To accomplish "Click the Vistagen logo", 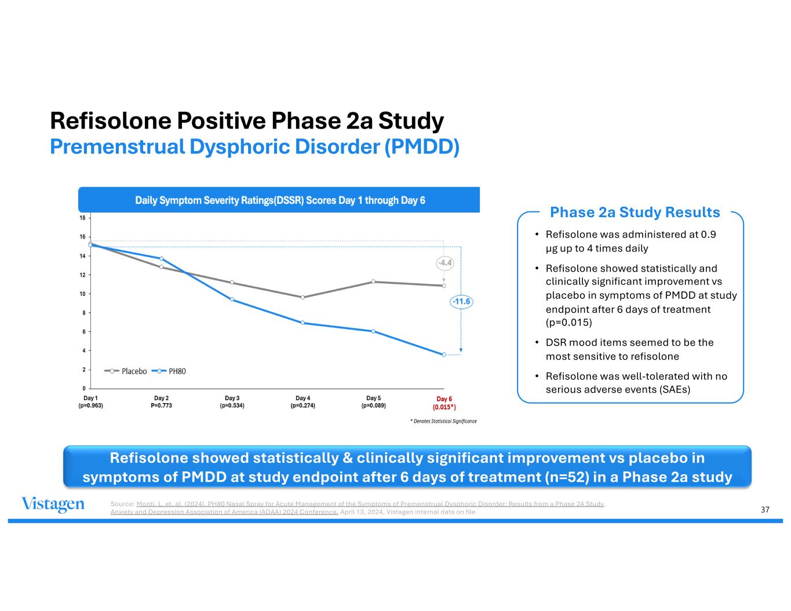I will (x=53, y=504).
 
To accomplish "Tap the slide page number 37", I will (x=765, y=510).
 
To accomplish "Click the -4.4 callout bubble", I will (x=444, y=263).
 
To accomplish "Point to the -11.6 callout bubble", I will (x=461, y=302).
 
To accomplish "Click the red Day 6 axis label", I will (x=444, y=403).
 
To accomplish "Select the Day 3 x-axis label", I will (x=232, y=402).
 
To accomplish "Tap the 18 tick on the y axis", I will (x=82, y=218).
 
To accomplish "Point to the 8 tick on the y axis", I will (x=83, y=313).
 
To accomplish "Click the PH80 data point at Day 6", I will (x=444, y=354).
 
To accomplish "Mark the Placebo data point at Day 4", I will (x=302, y=297).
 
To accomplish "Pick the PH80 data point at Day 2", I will (x=161, y=258).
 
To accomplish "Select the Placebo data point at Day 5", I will (x=373, y=281).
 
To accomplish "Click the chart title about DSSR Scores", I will (x=280, y=200).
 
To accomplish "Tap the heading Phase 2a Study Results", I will (x=635, y=213).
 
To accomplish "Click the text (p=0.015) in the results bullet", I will (x=569, y=323).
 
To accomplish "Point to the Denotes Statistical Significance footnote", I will (x=444, y=421).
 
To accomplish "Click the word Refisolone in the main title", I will (x=110, y=121).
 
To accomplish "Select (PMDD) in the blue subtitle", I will (x=422, y=147).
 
